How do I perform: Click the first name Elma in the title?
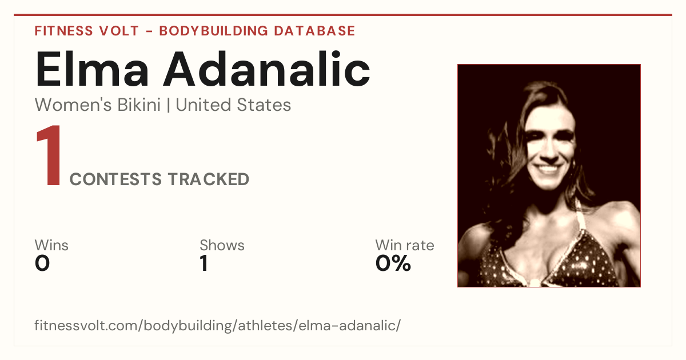92,69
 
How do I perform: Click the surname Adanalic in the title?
267,69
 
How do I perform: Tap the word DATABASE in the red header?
314,31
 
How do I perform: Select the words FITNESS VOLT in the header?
87,31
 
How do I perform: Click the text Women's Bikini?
98,105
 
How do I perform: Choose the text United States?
233,105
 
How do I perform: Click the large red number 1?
49,155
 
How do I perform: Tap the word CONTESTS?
115,179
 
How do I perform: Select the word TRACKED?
209,179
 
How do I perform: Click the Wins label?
51,245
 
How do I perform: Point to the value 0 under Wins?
42,263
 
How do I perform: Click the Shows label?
222,245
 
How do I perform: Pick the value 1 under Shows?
204,263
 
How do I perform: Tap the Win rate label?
405,245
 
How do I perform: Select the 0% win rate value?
393,263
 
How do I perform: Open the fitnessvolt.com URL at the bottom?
217,325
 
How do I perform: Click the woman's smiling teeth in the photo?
548,169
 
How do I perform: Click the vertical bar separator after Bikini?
168,105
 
